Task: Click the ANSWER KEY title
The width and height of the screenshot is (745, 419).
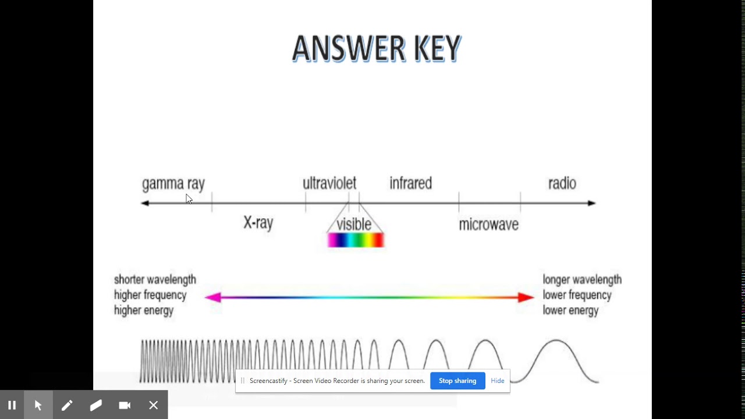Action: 377,48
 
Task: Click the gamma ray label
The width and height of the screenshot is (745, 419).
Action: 173,184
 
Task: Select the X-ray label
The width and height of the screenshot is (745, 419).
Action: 258,223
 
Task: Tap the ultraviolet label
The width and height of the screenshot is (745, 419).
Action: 329,183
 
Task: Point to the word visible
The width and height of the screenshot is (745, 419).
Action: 354,225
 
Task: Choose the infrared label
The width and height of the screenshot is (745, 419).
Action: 410,183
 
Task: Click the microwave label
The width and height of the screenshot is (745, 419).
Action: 488,225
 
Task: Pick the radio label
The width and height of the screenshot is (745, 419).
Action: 562,183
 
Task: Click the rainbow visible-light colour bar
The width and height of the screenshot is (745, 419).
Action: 355,240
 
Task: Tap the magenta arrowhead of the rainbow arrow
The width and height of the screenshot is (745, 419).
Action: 213,297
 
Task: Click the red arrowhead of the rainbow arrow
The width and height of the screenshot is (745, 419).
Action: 526,297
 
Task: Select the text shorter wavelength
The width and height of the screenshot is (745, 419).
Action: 155,280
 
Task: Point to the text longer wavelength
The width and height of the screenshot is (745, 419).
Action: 582,280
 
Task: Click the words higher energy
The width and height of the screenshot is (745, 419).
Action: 144,311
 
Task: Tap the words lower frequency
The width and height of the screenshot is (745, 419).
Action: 577,295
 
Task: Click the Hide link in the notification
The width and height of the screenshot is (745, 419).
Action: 498,381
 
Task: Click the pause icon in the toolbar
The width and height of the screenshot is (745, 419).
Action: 12,405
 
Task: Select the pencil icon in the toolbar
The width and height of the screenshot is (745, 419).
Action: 67,405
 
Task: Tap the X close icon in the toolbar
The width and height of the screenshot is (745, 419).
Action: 154,405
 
